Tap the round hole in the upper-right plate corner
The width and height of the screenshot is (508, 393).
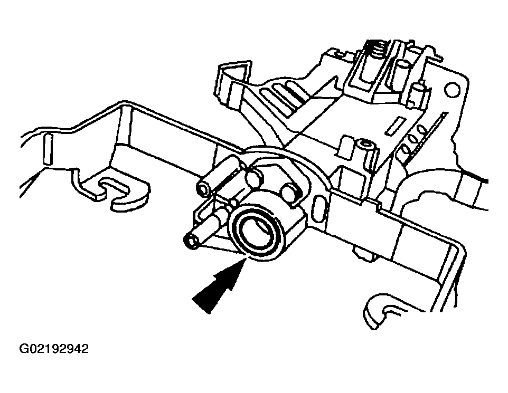tap(452, 90)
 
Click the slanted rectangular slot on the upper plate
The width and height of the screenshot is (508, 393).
tap(395, 126)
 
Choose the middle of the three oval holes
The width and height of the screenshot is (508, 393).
tap(413, 140)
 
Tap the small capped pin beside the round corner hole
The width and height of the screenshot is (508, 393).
tap(418, 92)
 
